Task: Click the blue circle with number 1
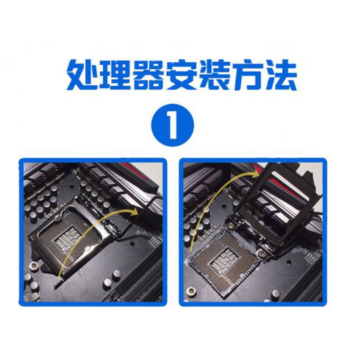pos(172,125)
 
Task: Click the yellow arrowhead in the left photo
pos(134,212)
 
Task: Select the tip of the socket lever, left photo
pos(56,287)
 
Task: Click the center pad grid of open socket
pos(223,259)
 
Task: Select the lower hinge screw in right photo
pos(262,254)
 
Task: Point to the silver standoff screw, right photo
pos(191,291)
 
